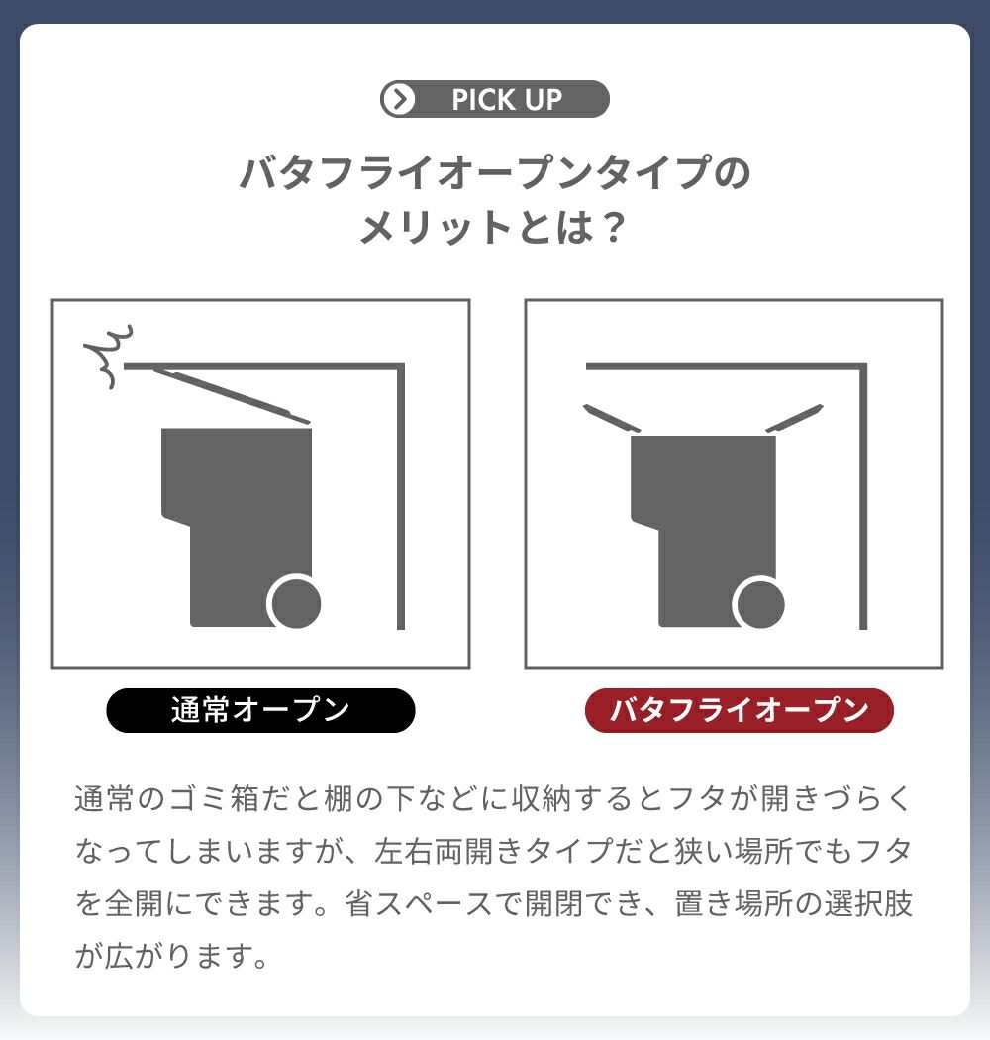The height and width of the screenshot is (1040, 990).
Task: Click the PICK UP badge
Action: [x=495, y=99]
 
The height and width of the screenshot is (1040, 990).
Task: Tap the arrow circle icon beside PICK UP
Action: [x=400, y=99]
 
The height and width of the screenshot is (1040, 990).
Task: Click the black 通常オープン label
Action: [x=260, y=710]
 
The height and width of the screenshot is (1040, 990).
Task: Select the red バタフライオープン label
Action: [x=739, y=710]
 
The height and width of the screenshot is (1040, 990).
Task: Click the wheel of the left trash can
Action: [x=295, y=603]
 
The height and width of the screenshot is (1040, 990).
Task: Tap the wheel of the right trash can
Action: [x=760, y=603]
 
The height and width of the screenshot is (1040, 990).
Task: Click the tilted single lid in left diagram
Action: [x=232, y=396]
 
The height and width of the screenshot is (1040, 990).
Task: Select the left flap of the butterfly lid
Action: [x=612, y=418]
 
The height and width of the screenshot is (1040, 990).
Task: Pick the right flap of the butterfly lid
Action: [x=794, y=418]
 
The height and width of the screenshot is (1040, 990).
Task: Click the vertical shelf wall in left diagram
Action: [x=401, y=496]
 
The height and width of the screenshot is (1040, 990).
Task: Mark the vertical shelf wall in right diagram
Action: [x=863, y=496]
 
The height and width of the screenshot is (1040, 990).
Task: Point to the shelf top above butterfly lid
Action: [x=726, y=366]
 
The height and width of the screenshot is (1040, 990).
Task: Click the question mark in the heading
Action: [x=615, y=228]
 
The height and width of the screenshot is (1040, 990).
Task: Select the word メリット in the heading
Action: [x=435, y=228]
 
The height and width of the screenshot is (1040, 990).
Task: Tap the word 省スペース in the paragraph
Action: [x=419, y=904]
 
